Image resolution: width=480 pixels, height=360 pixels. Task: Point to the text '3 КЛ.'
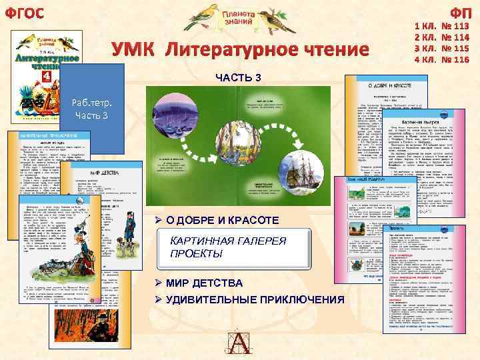[x=425, y=49]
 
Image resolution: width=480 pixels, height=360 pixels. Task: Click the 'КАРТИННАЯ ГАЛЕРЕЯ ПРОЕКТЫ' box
[x=237, y=249]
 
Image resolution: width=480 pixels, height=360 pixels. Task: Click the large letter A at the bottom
[x=239, y=342]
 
